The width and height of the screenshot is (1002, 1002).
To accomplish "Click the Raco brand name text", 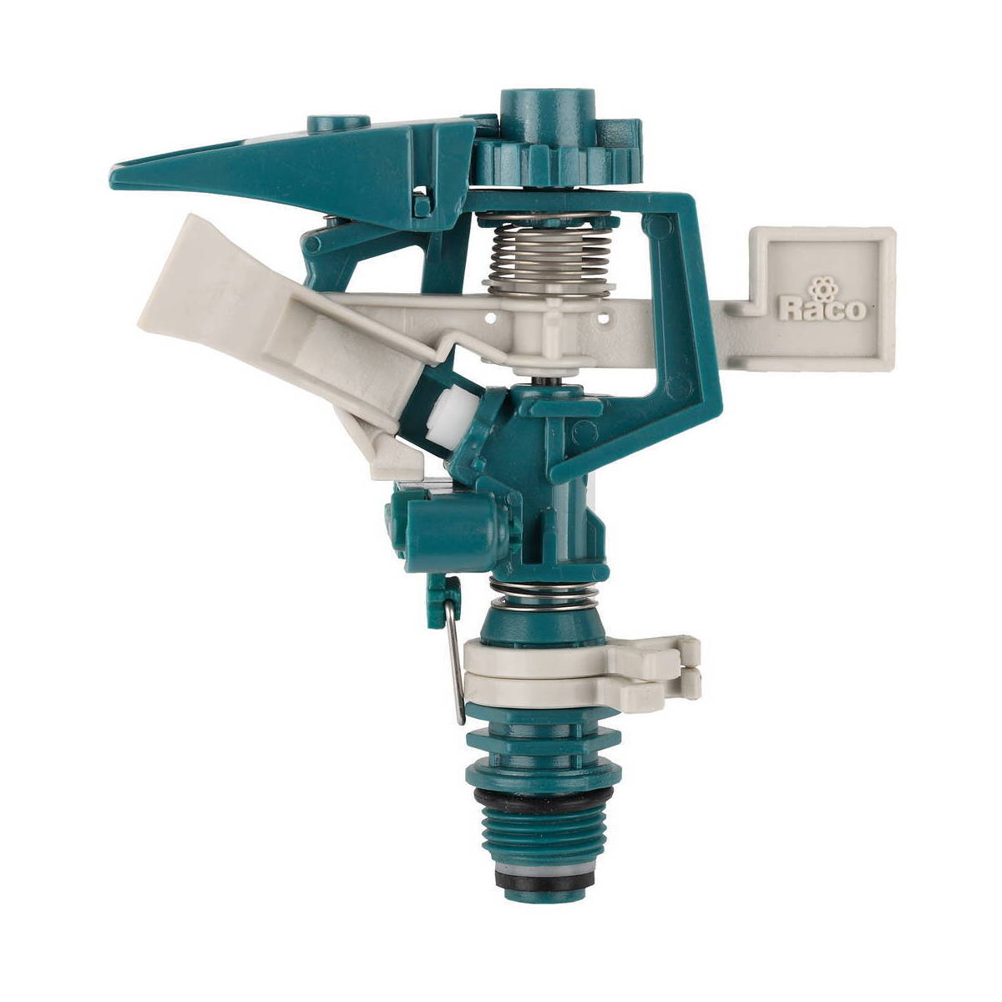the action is pyautogui.click(x=823, y=309).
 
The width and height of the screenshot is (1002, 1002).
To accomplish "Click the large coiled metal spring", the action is pyautogui.click(x=549, y=255).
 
